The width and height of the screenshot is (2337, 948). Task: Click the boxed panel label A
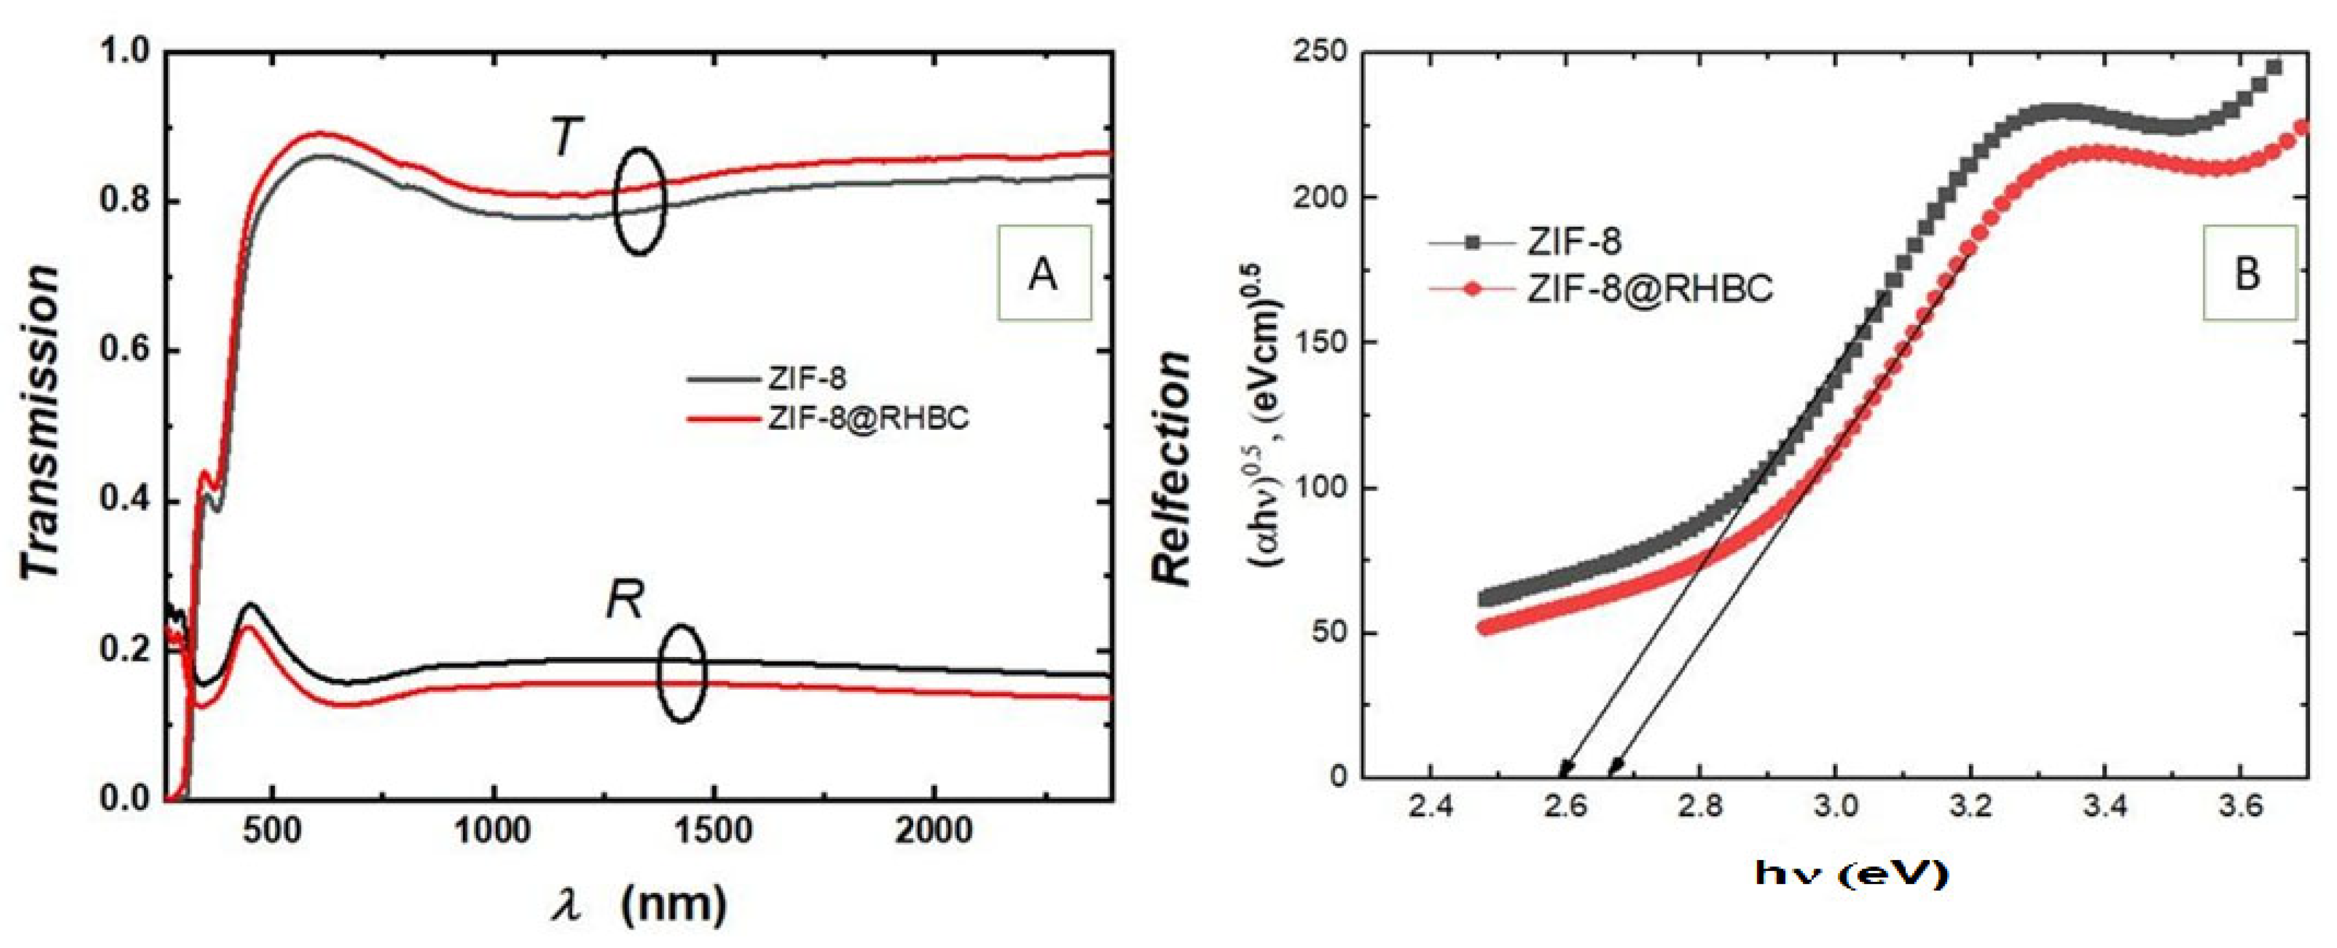click(1043, 273)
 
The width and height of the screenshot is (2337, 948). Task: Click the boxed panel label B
click(2248, 273)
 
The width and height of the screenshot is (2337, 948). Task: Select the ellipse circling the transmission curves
click(639, 201)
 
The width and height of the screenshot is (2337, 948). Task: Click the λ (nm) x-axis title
click(639, 904)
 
